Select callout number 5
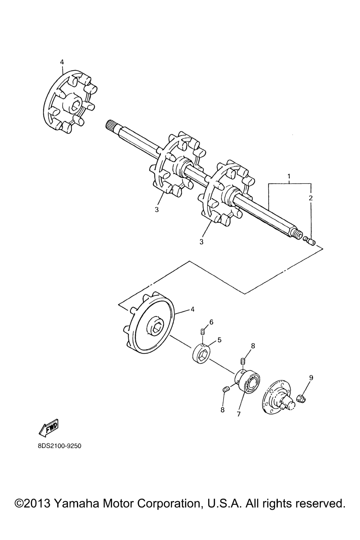[x=219, y=340]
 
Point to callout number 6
[x=211, y=322]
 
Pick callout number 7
[x=238, y=414]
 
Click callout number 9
[x=311, y=378]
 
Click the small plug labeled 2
[x=310, y=241]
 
